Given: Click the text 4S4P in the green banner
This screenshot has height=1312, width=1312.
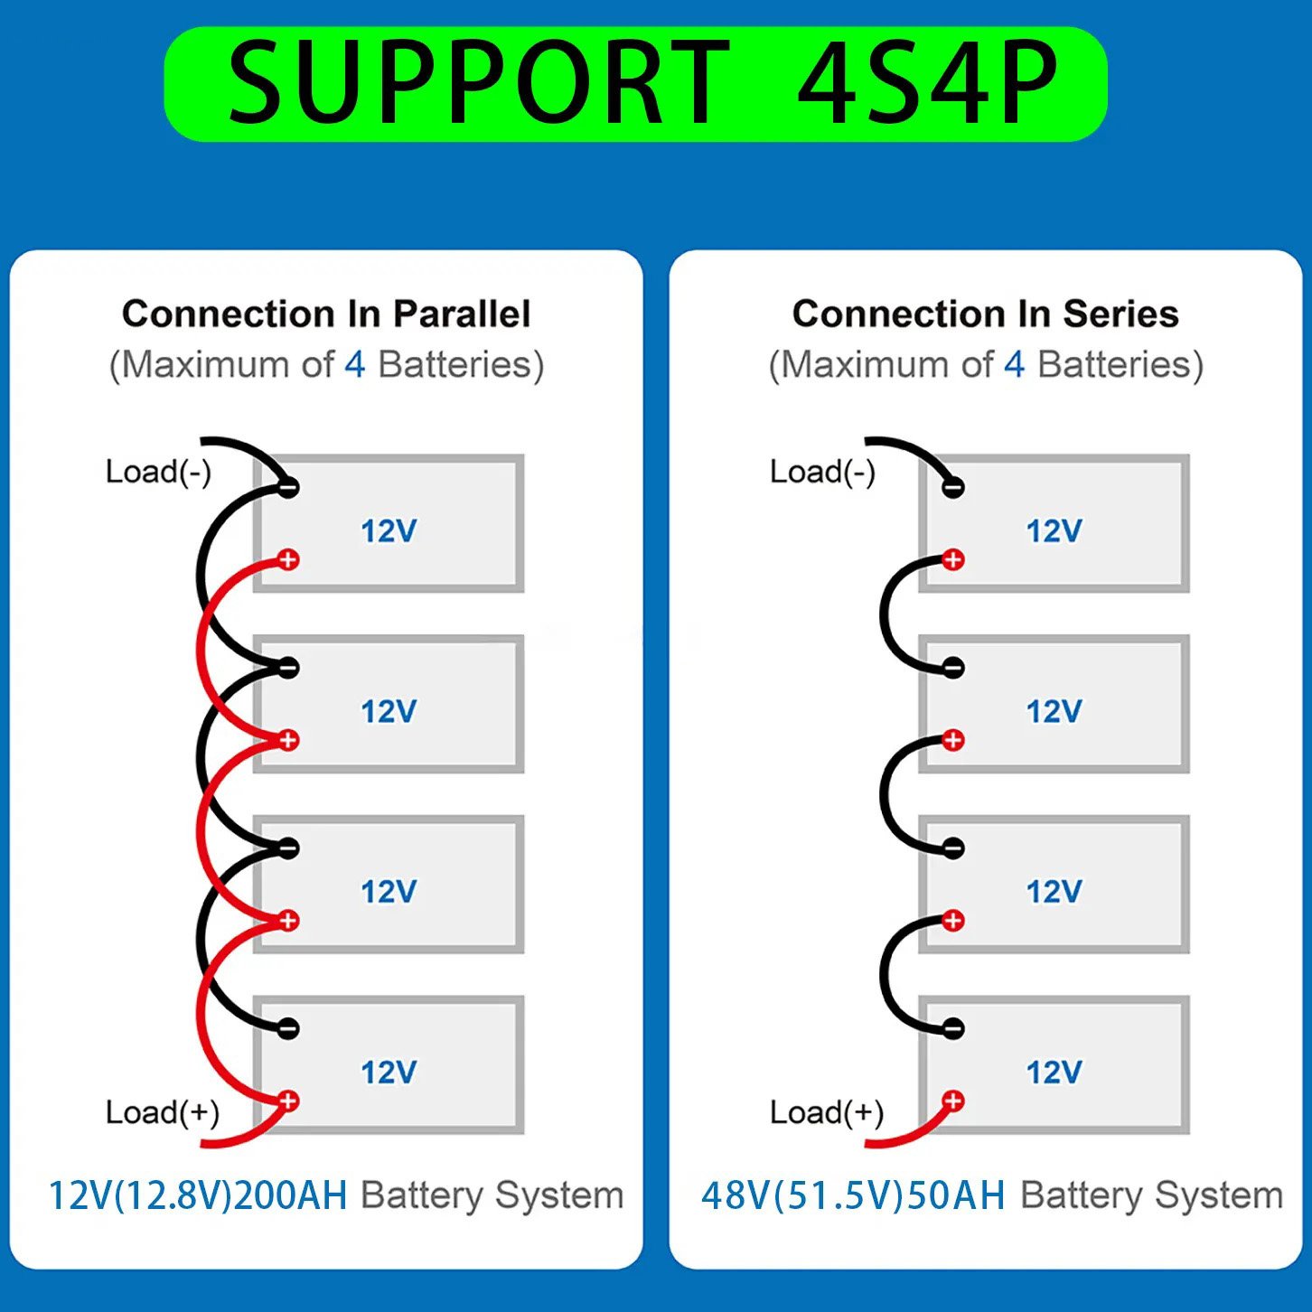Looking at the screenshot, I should pos(927,83).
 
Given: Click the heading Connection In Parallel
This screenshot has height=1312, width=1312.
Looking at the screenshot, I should pos(326,314).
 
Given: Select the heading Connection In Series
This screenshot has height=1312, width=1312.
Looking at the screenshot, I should pos(985,314).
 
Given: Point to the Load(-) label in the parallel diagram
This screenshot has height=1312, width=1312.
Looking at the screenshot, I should pos(158,472).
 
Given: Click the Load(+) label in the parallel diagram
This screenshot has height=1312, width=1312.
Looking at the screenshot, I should pos(163,1112).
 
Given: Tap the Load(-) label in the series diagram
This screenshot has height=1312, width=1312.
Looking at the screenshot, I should pos(822,472).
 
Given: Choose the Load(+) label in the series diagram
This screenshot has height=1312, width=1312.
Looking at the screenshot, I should pos(827,1112).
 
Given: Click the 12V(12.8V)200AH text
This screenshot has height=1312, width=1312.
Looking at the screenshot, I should pos(198,1195).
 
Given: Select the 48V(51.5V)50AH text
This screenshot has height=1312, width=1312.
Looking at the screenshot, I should pos(853,1195).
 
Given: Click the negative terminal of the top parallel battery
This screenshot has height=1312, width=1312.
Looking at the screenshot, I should pos(288,487).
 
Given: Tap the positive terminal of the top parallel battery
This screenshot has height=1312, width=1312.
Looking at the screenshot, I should pos(288,560).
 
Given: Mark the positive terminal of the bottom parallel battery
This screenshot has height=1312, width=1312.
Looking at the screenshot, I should pos(288,1101).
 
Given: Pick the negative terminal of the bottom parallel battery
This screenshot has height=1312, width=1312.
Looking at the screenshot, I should pos(288,1028).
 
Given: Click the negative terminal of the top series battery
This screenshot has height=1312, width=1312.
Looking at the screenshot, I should pos(953,487).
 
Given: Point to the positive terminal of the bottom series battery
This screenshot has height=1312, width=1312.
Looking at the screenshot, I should pos(953,1101).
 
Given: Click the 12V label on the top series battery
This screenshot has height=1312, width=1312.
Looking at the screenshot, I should pos(1054,531).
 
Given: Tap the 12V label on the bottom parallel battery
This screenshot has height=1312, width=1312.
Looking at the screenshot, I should pos(389,1073).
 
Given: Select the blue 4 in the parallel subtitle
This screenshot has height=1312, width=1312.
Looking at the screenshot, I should pos(355,365).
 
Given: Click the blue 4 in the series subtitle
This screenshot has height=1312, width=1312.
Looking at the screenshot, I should pos(1015,365).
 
